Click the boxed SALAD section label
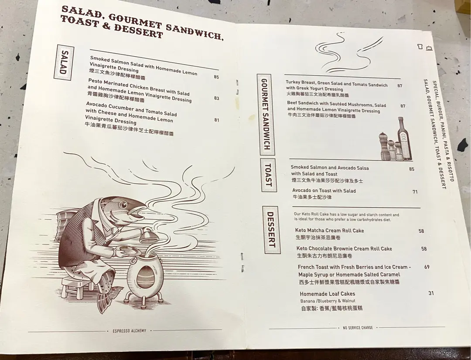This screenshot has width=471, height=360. [x=64, y=62]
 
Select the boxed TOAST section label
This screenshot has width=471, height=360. [x=268, y=175]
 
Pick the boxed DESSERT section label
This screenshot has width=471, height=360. [x=271, y=230]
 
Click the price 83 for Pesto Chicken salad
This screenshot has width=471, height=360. [x=217, y=98]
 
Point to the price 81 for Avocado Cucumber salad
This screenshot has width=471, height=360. [x=217, y=120]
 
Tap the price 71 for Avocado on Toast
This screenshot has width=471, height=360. [x=415, y=192]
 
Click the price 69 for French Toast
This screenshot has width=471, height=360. [x=427, y=267]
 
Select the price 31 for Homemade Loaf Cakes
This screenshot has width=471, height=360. [x=431, y=293]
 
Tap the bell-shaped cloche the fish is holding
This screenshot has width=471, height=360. [x=149, y=236]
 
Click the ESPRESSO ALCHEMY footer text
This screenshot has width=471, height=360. [x=130, y=330]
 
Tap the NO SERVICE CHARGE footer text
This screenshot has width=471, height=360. [x=358, y=328]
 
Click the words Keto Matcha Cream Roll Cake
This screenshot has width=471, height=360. [x=330, y=231]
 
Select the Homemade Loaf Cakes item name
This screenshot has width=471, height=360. [x=328, y=294]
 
